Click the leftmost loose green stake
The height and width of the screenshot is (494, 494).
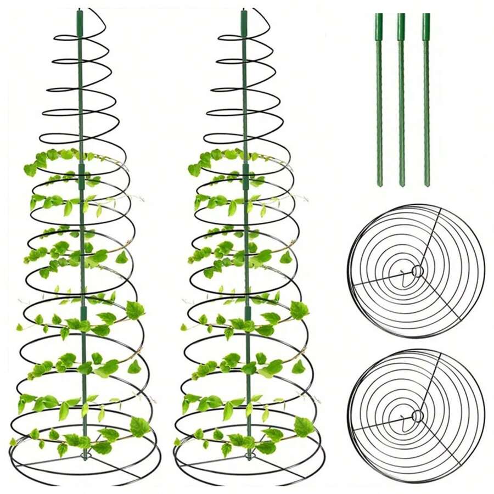379,99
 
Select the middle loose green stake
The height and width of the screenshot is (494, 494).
401,99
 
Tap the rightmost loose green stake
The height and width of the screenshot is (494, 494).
426,99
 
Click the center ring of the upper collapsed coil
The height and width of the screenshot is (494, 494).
418,271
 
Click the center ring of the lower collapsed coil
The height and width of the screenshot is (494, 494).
418,416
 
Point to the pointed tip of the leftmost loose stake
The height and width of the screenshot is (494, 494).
379,185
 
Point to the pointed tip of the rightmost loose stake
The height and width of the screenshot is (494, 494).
427,185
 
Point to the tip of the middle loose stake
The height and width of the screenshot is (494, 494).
402,185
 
